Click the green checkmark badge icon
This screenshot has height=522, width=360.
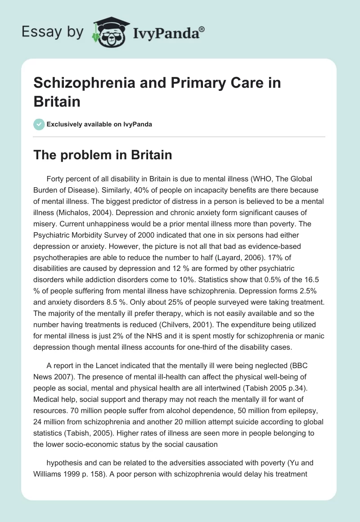(39, 124)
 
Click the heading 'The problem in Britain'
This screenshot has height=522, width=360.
(103, 155)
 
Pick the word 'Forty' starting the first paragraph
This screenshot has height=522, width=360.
(56, 178)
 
